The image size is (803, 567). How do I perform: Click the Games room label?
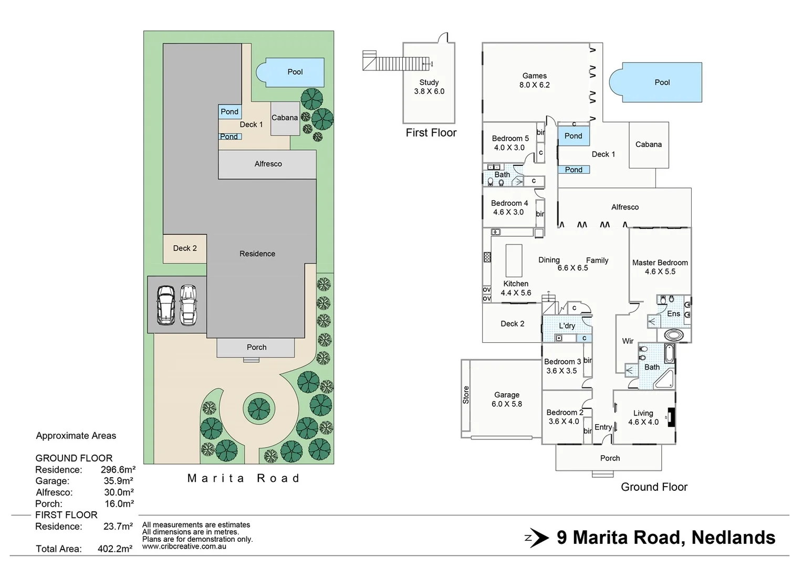click(534, 76)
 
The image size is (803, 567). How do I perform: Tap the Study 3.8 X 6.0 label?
click(429, 87)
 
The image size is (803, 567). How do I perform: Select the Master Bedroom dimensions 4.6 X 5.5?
click(660, 271)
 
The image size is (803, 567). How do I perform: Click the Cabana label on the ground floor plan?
click(648, 144)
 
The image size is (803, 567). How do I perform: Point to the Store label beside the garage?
click(466, 395)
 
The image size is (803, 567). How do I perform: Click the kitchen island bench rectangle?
click(514, 260)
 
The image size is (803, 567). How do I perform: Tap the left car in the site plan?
click(166, 305)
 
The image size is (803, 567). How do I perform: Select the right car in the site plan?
click(188, 305)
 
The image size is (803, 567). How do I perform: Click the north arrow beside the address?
click(537, 538)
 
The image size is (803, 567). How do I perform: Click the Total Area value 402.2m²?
click(114, 549)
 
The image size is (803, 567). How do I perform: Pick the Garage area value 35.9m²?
click(118, 481)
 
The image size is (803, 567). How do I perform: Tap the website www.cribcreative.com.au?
click(184, 547)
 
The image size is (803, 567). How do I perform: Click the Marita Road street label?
click(244, 478)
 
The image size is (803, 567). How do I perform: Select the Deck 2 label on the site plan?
click(185, 248)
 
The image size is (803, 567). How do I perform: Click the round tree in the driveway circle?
click(258, 408)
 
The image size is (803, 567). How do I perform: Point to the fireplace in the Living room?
click(670, 417)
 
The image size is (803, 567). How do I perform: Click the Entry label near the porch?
click(603, 427)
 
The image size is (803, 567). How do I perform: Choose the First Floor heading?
click(431, 133)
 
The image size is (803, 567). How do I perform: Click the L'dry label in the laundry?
click(567, 325)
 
